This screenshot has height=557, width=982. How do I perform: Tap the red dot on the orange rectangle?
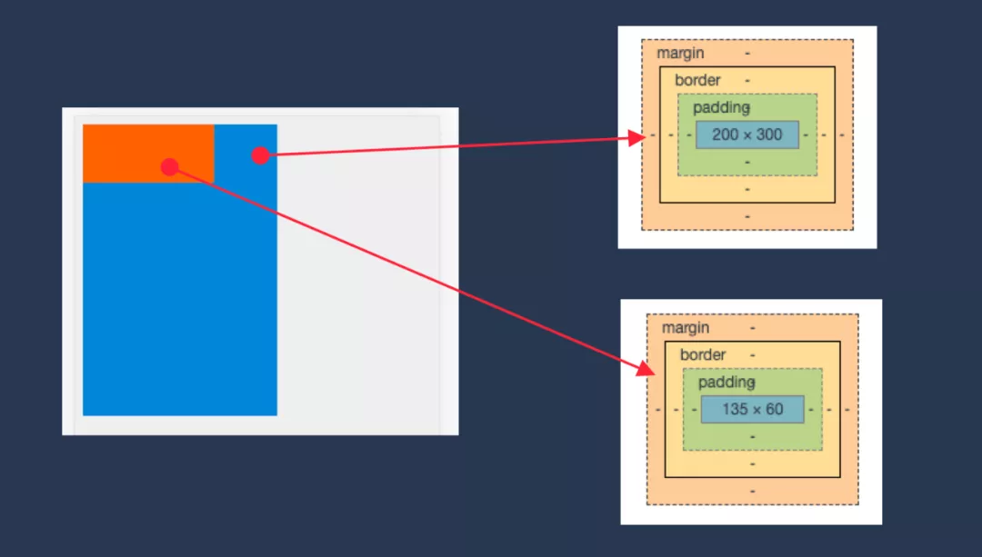(169, 166)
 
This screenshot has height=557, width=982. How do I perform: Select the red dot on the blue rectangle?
(260, 155)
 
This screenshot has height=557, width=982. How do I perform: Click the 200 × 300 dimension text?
(747, 134)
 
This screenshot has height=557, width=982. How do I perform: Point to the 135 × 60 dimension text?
(752, 409)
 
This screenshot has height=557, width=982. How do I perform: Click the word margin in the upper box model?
(680, 54)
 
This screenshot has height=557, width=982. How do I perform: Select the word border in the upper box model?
(697, 81)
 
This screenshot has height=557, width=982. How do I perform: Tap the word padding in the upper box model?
(721, 108)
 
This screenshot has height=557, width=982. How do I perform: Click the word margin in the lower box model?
(686, 328)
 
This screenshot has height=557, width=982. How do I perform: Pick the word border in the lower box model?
(703, 355)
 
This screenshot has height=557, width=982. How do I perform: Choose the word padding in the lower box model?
(726, 383)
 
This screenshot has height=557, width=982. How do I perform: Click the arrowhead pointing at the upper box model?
(636, 138)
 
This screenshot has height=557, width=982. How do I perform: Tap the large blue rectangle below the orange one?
(180, 300)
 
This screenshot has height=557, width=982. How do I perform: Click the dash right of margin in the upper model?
(747, 54)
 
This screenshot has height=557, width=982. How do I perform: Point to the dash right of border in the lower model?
(753, 355)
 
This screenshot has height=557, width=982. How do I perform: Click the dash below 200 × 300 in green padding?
(747, 162)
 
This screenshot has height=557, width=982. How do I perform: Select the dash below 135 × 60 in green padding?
(753, 436)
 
